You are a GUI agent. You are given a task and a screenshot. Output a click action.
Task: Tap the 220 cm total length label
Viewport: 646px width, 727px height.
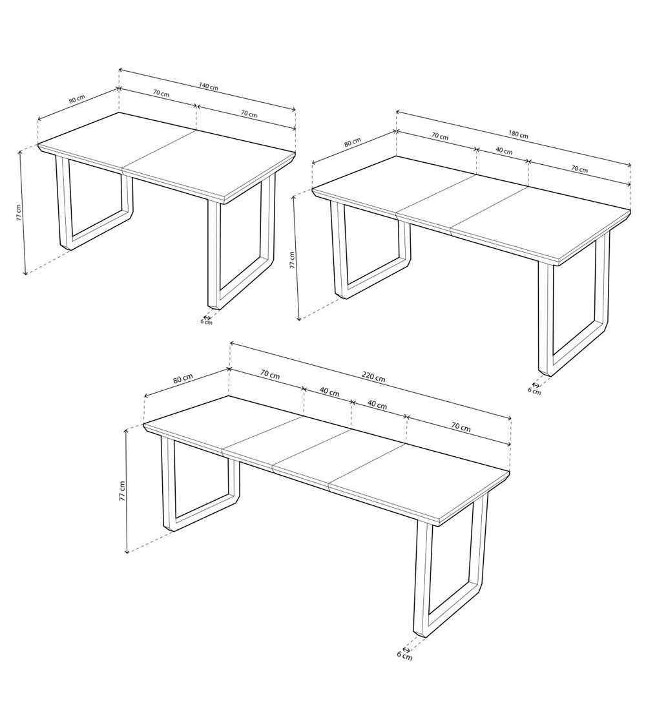click(x=373, y=377)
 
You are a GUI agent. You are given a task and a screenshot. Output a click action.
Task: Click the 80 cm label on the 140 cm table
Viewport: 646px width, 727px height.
click(x=76, y=100)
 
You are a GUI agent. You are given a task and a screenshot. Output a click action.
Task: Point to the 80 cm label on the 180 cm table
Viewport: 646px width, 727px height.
click(x=352, y=143)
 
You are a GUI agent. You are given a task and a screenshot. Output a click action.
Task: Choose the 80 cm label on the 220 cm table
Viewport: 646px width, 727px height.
click(x=183, y=379)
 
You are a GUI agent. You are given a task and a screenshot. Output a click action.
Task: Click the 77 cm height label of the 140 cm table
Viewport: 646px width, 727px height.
click(x=19, y=213)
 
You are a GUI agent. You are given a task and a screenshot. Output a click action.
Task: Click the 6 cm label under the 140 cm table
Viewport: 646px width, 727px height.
click(x=206, y=321)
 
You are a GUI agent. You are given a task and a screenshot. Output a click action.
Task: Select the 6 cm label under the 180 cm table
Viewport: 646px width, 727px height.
click(x=534, y=390)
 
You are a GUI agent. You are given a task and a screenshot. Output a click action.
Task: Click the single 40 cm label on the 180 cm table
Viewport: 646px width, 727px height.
click(x=504, y=151)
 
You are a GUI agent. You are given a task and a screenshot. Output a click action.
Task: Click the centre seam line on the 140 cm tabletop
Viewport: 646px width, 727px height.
click(x=158, y=150)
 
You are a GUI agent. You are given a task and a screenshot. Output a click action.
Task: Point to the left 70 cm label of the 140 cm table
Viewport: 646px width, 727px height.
click(x=161, y=93)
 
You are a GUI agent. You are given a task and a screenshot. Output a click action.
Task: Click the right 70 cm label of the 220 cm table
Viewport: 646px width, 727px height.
click(x=461, y=427)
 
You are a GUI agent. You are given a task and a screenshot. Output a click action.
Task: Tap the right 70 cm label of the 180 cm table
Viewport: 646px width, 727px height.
click(x=579, y=169)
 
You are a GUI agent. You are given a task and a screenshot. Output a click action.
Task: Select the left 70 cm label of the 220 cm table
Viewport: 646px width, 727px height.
click(x=270, y=375)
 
